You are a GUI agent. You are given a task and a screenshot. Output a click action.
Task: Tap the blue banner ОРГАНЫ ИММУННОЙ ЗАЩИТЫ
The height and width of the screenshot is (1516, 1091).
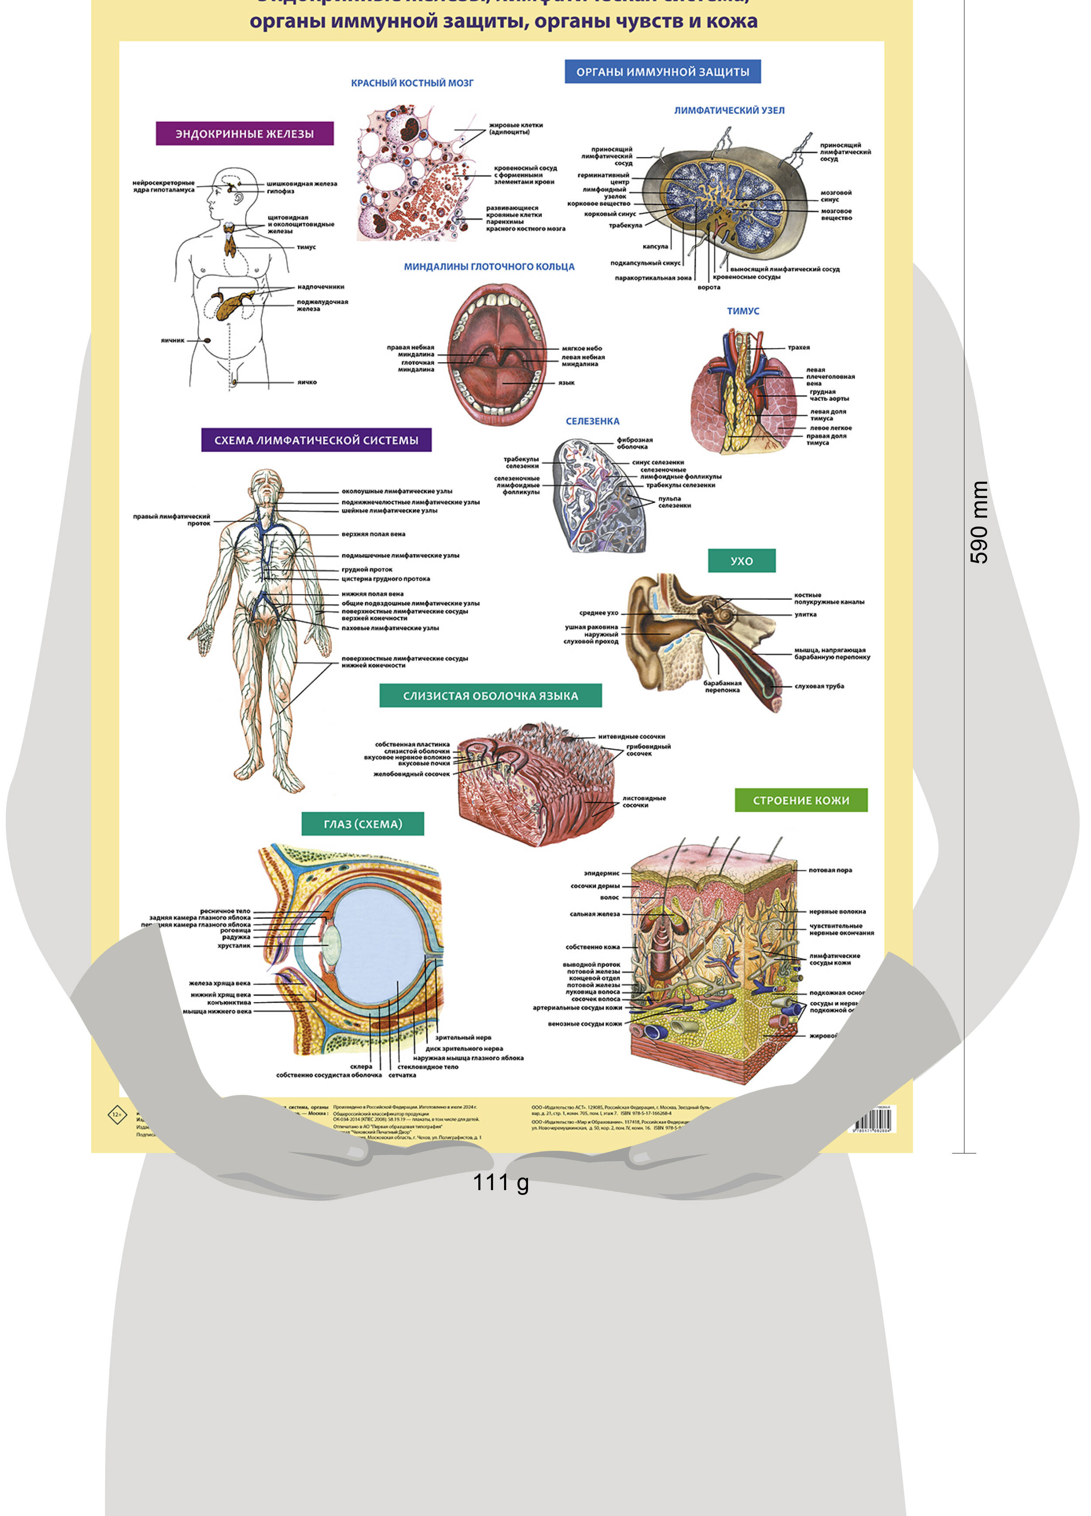(x=662, y=72)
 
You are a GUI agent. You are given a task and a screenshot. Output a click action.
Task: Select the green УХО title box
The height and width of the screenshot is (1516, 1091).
(x=741, y=561)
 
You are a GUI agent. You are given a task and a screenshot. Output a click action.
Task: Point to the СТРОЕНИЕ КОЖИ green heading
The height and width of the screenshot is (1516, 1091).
(x=800, y=800)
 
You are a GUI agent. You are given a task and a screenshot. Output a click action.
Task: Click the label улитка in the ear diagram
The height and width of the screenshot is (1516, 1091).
(x=805, y=614)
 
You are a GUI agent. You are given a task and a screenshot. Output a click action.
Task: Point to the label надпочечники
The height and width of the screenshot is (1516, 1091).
(x=320, y=287)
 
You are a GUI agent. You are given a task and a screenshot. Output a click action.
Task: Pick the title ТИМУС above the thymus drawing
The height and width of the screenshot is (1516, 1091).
(x=743, y=311)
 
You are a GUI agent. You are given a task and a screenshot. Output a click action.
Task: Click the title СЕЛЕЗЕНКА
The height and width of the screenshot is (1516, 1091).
(x=592, y=421)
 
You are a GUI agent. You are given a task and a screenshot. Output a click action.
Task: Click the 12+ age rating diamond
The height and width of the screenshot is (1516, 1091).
(x=117, y=1114)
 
